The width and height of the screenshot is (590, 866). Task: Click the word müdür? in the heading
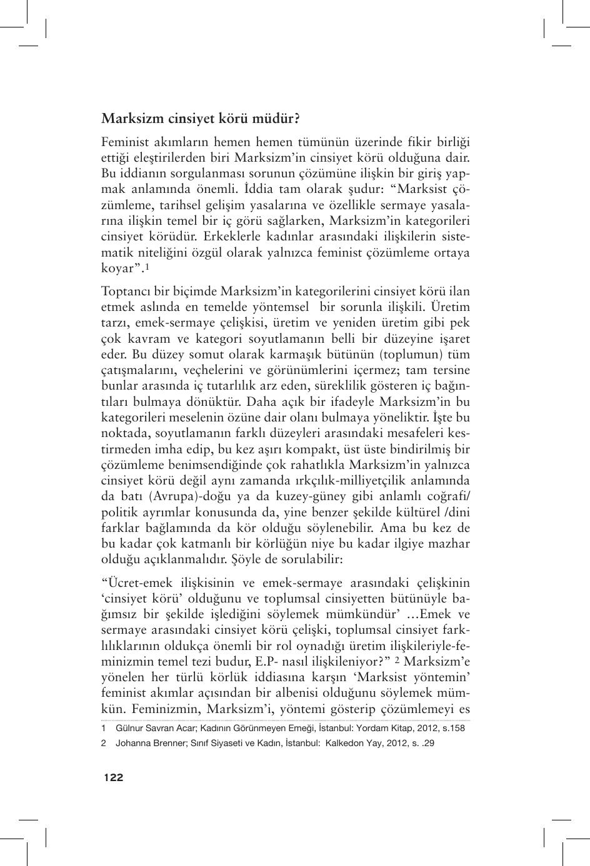[x=272, y=117]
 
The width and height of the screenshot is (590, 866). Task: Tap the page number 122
[x=114, y=777]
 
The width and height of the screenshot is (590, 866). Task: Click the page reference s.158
[x=452, y=728]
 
